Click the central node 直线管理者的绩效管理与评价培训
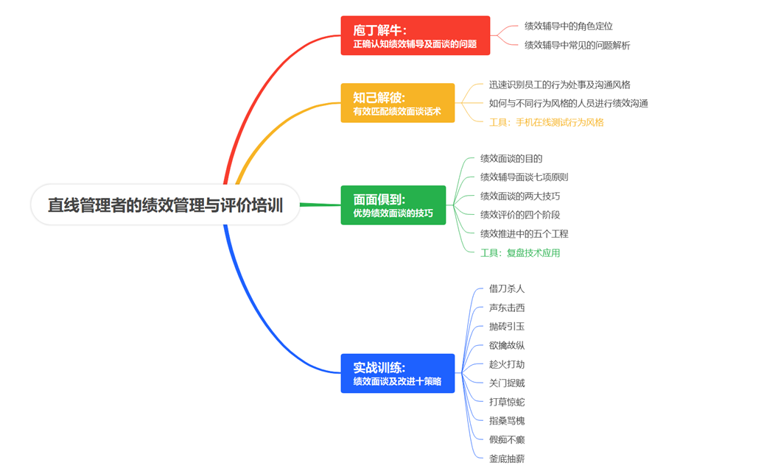pos(165,205)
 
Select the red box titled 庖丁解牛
pos(415,35)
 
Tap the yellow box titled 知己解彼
pos(397,103)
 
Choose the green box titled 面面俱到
pos(393,205)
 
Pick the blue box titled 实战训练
pos(397,373)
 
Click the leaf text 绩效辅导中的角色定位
pos(568,26)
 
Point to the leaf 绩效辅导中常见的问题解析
pos(577,46)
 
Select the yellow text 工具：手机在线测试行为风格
pos(546,123)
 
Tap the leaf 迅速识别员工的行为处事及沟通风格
pos(559,85)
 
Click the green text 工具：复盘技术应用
pos(520,253)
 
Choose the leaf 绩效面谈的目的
pos(511,159)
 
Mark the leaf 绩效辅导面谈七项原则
pos(524,177)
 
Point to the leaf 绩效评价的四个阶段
pos(520,216)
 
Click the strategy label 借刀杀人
pos(507,289)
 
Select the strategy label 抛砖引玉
pos(507,327)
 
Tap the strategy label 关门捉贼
pos(507,383)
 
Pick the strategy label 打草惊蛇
pos(507,403)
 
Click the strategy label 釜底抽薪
pos(507,458)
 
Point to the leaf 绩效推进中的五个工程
pos(524,234)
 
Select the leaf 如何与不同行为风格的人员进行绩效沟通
pos(568,104)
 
